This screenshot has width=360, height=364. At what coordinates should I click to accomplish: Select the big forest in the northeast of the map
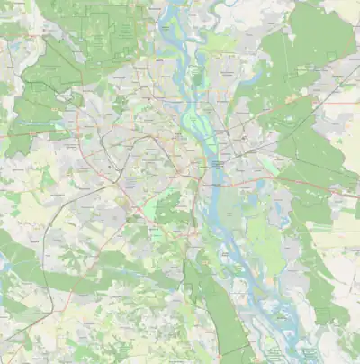[306, 45]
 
